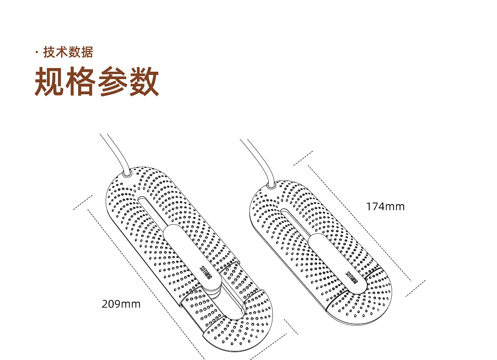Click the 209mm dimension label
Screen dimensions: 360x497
coord(121,304)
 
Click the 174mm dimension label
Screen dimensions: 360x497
coord(385,206)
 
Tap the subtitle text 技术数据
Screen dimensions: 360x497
coord(68,52)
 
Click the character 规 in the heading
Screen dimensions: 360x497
coord(50,82)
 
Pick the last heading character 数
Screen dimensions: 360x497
coord(144,82)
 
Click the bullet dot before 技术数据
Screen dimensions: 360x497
coord(37,53)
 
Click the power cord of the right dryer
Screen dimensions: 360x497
coord(254,159)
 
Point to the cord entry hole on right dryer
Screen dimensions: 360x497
coord(270,185)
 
